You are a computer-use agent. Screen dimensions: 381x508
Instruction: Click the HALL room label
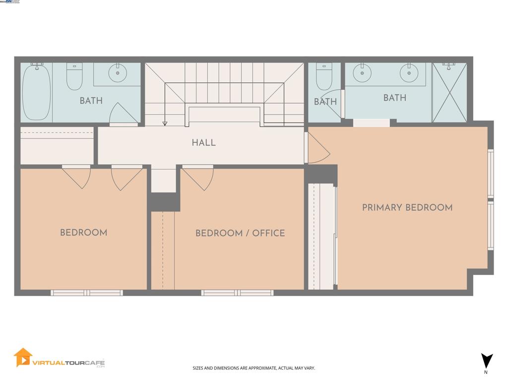click(203, 143)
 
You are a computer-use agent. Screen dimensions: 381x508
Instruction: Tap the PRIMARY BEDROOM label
click(407, 208)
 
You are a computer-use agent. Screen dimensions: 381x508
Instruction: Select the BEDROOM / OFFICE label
click(240, 233)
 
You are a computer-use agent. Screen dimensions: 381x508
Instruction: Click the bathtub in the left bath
click(36, 93)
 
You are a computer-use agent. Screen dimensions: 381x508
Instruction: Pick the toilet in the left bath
click(74, 77)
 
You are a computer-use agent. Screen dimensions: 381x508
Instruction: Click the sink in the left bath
click(118, 74)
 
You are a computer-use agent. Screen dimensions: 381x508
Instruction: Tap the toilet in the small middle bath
click(324, 76)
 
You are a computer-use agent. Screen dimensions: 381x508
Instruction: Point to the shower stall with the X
click(449, 92)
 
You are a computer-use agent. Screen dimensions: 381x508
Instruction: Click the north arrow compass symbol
click(487, 361)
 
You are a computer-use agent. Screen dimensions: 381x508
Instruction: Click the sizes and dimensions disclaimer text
click(254, 368)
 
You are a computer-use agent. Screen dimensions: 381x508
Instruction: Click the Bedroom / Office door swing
click(198, 178)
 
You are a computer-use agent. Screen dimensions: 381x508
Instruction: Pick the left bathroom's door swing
click(123, 114)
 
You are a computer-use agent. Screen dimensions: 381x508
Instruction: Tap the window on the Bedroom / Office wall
click(237, 293)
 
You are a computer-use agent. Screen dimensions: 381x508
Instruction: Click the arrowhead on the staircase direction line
click(165, 124)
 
